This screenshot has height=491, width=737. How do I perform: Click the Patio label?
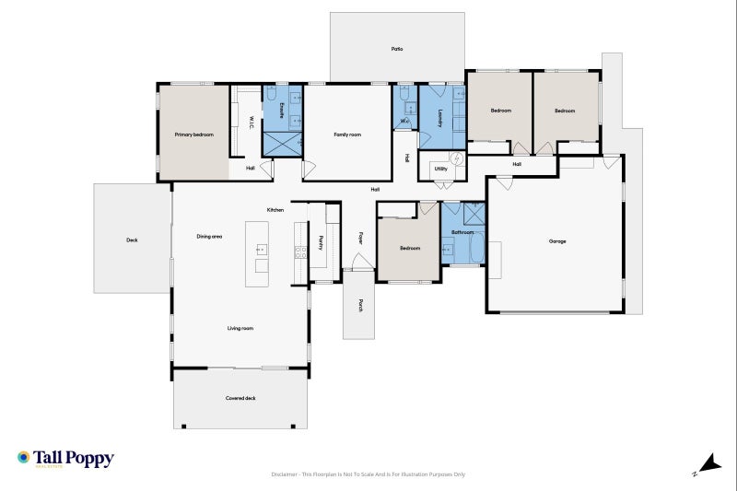tap(397, 49)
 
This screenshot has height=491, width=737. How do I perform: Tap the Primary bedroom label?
tap(194, 134)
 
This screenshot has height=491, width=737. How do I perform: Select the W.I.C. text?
tap(251, 122)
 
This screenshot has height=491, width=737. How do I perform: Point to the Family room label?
tap(347, 134)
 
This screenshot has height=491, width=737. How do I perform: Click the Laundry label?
tap(441, 117)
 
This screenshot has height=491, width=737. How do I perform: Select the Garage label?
tap(557, 241)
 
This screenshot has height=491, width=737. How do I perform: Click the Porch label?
tap(361, 305)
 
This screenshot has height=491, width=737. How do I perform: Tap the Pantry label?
tap(321, 242)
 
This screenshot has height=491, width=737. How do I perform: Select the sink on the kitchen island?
tap(262, 250)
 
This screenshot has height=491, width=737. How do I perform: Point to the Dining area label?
tap(209, 237)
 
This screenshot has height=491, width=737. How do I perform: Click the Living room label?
tap(240, 328)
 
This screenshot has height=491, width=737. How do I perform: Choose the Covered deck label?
tap(240, 398)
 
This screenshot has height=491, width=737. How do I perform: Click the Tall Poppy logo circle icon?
tap(23, 457)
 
